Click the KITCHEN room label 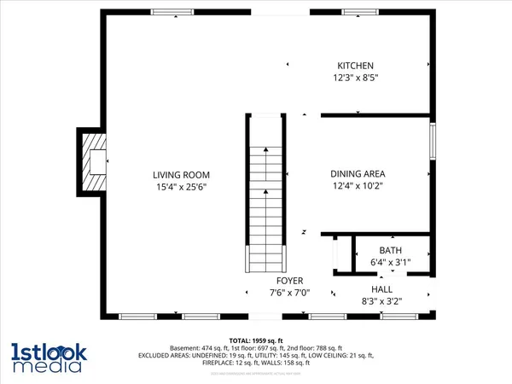pos(356,66)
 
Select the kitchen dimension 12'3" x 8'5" pos(356,78)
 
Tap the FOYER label pos(289,281)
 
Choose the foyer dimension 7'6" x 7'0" pos(289,293)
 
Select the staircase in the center pos(265,192)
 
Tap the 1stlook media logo pos(47,358)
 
